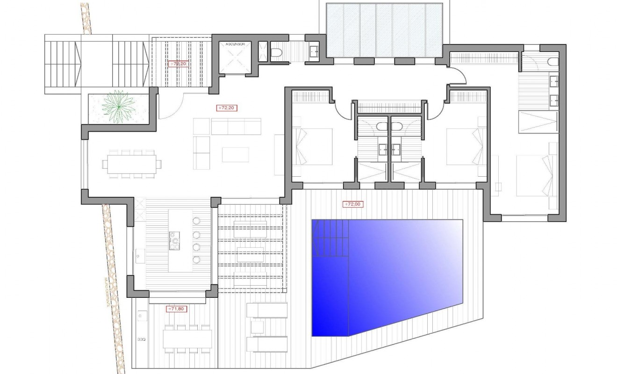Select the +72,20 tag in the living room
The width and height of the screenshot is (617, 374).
[228, 108]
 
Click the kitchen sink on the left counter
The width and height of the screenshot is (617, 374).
[139, 256]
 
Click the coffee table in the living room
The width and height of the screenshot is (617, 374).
[236, 154]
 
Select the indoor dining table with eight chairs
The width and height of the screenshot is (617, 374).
[132, 164]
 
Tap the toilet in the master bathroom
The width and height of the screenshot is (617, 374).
[552, 62]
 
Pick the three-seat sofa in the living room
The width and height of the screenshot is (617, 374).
[236, 127]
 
